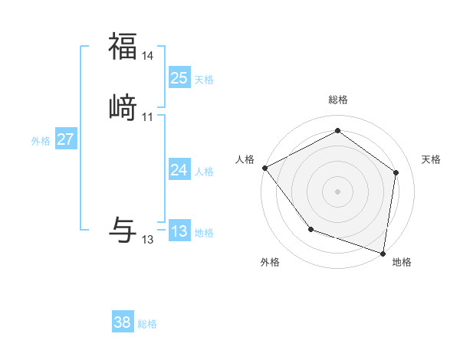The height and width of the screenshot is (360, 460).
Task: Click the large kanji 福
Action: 123,47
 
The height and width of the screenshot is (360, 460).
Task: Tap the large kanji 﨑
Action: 123,106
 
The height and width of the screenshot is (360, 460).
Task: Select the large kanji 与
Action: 123,230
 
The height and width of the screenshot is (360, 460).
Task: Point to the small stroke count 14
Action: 148,57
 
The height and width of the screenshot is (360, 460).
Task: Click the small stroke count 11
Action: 148,117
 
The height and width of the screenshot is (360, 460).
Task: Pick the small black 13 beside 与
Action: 148,240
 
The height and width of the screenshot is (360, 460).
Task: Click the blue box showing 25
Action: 179,78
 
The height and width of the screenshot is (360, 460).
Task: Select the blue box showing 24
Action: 179,171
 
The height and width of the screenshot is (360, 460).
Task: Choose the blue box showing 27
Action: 66,140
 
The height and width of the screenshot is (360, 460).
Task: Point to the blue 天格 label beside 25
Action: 204,80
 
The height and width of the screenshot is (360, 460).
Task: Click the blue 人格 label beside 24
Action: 204,172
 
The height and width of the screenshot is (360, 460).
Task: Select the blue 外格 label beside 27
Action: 41,141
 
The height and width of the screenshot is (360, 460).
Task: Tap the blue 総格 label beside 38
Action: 147,324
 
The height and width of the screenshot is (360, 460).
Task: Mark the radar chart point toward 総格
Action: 337,131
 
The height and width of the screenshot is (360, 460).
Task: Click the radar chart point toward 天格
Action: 396,172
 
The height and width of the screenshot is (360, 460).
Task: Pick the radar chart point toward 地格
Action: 383,253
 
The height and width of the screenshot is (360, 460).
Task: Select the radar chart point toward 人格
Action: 264,168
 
